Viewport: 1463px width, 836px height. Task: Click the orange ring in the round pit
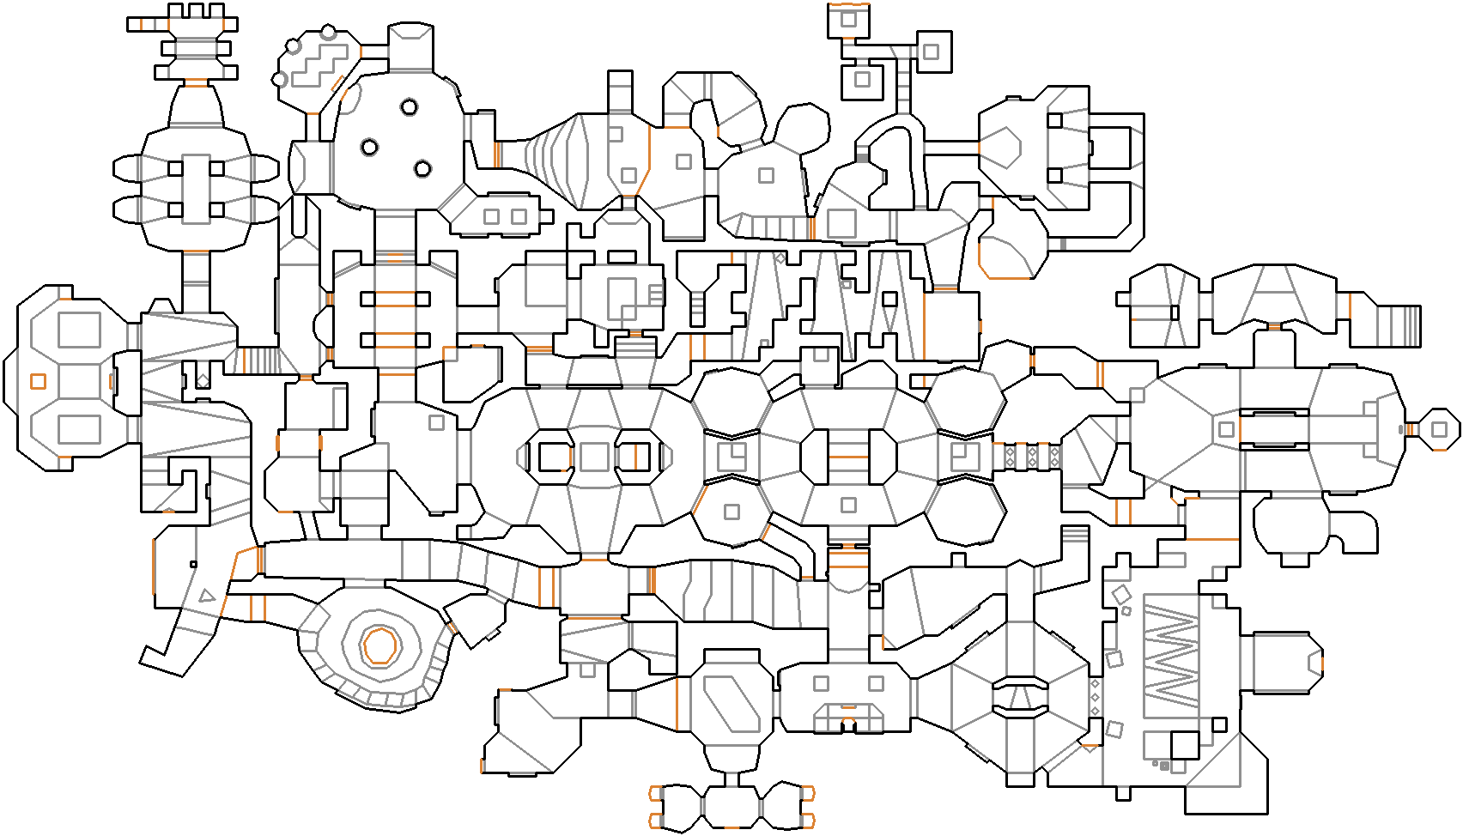click(379, 645)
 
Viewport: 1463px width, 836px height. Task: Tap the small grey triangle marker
click(206, 596)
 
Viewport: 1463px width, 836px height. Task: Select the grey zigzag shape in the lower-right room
click(1171, 656)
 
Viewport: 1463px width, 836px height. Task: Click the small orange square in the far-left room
click(38, 381)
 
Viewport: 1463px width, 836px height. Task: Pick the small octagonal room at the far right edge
click(1439, 429)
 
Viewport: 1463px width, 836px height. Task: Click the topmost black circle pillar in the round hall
click(410, 107)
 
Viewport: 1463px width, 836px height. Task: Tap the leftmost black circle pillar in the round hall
click(369, 147)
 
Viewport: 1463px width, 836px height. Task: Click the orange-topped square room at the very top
click(848, 20)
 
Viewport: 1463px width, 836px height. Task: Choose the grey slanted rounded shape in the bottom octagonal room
click(731, 704)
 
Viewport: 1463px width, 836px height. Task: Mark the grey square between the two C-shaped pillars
click(594, 457)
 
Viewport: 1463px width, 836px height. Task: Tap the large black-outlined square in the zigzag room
click(1185, 745)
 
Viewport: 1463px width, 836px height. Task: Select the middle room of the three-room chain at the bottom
click(731, 808)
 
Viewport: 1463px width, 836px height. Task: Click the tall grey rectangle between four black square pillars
click(196, 189)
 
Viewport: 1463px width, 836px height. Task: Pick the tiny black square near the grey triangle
click(193, 565)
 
